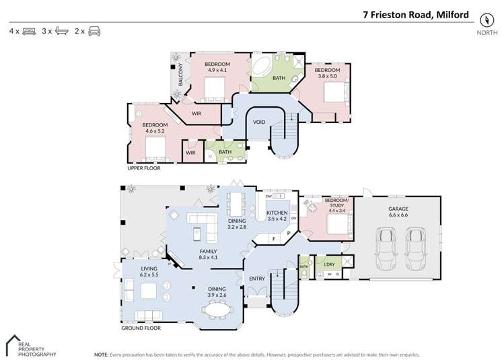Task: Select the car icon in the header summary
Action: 94,31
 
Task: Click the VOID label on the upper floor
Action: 259,122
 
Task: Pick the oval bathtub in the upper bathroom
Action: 261,67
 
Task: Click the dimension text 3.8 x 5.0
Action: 327,76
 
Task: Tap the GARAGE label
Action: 398,209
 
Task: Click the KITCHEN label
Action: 277,211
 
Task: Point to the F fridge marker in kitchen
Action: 274,238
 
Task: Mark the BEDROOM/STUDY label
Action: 336,201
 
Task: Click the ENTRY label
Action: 256,279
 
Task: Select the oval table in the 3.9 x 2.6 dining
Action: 218,310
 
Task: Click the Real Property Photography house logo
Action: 14,343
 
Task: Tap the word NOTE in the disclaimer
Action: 101,353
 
